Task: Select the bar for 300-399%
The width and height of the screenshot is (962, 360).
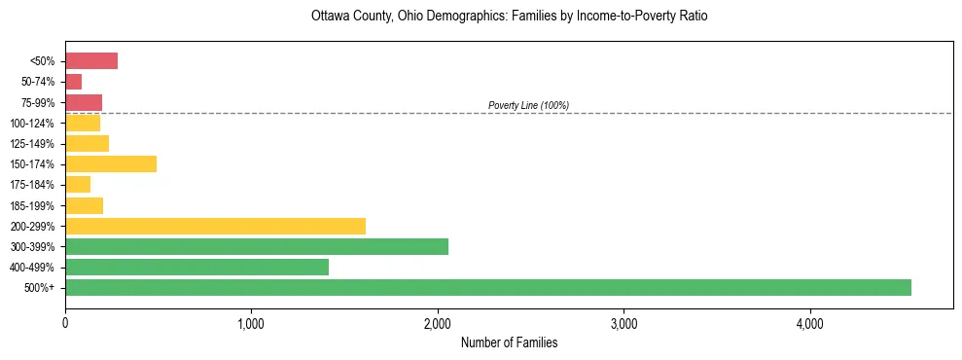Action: (257, 246)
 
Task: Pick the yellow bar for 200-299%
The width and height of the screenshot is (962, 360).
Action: (215, 226)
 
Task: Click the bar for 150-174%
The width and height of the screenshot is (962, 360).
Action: (111, 164)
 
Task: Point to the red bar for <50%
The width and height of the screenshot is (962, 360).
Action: (91, 61)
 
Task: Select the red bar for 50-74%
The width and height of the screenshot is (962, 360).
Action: (74, 82)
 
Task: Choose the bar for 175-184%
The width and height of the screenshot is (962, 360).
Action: (78, 185)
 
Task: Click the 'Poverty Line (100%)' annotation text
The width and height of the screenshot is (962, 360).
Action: (528, 105)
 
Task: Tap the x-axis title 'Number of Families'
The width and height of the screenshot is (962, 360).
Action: (509, 342)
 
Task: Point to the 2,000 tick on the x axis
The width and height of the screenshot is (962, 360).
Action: (438, 323)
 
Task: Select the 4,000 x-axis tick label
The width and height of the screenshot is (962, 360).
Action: (810, 323)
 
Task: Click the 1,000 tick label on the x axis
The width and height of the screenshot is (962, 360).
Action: (251, 323)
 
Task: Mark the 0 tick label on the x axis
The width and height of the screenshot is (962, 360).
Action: (65, 323)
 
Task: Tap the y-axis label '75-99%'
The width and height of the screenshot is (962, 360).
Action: (42, 103)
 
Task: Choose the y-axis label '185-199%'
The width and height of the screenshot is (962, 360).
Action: (39, 205)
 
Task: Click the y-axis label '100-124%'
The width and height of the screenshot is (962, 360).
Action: (39, 124)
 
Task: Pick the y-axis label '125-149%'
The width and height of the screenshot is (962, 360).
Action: (39, 144)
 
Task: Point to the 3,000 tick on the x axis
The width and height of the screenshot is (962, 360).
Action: (624, 323)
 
